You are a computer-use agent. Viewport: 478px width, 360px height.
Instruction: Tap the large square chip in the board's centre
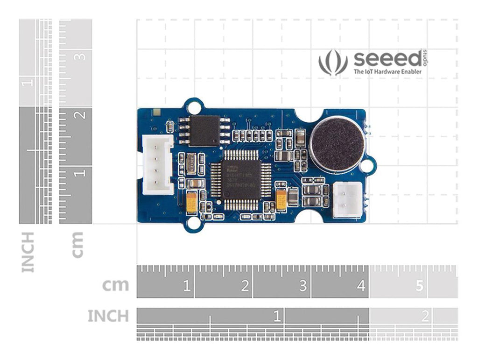(x=240, y=180)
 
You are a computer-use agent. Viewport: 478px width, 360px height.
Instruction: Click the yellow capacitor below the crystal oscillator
(x=191, y=202)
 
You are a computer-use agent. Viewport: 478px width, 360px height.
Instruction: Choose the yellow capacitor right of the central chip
(x=281, y=200)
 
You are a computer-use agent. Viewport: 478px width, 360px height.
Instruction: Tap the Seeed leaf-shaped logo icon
(x=333, y=63)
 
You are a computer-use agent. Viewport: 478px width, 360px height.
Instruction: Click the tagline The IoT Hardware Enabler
(x=387, y=72)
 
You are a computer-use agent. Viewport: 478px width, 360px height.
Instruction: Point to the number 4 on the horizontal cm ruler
(x=361, y=286)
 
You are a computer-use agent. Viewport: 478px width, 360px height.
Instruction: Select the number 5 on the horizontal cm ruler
(x=419, y=286)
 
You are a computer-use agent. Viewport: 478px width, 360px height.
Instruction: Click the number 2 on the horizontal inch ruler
(x=424, y=317)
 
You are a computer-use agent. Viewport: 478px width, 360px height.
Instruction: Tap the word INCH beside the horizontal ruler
(x=108, y=316)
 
